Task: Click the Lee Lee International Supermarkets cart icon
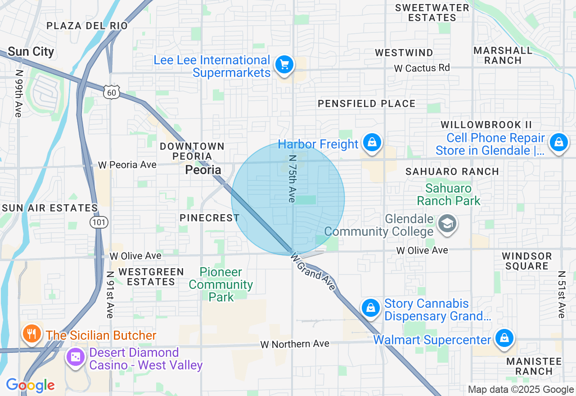[284, 65]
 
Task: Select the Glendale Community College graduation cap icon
[447, 223]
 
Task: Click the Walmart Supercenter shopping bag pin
[504, 338]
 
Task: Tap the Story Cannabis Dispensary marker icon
[371, 308]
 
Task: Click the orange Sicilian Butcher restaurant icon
[31, 334]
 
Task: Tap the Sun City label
[31, 52]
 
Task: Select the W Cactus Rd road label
[422, 68]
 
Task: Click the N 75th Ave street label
[292, 179]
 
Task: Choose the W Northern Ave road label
[295, 344]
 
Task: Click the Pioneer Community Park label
[221, 284]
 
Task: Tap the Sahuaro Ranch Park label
[449, 194]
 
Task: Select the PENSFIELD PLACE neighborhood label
[366, 103]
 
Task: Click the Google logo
[30, 385]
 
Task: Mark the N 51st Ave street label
[561, 294]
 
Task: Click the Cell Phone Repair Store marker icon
[558, 143]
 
